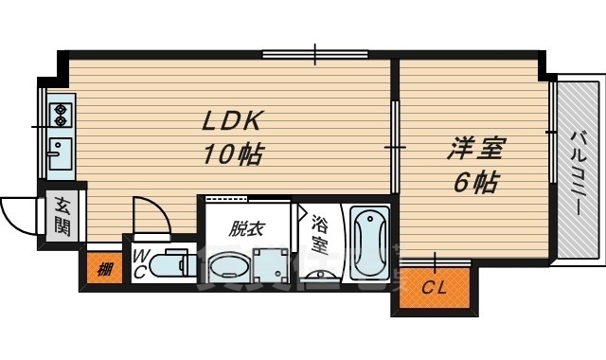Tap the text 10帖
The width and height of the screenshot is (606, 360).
pos(231,153)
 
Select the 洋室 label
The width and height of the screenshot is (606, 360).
pos(475,149)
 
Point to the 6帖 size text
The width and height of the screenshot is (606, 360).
pos(474,182)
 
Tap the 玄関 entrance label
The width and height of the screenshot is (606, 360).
pos(62,216)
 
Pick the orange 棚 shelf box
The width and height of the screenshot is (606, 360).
pos(104,268)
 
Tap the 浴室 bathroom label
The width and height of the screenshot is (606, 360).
pos(320,233)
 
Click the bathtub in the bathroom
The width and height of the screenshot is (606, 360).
pos(369,243)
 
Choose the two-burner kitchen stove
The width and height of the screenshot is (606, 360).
pos(60,115)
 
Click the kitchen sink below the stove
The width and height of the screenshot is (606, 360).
pos(59,151)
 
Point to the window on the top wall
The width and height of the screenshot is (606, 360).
pos(315,54)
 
